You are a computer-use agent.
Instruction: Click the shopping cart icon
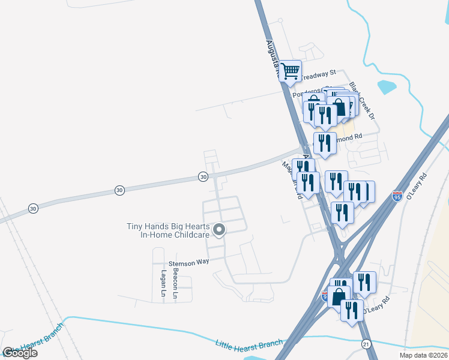click(291, 71)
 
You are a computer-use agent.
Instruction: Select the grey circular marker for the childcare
click(219, 229)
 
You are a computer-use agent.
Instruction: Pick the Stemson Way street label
click(188, 263)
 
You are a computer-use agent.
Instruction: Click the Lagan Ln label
click(163, 283)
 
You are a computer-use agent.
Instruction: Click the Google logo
click(20, 352)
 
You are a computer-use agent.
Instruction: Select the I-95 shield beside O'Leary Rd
click(397, 195)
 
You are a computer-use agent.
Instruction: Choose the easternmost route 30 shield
click(203, 176)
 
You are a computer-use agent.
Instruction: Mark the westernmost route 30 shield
click(32, 208)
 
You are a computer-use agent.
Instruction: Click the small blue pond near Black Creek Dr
click(387, 85)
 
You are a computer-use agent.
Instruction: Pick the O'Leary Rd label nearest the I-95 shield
click(415, 186)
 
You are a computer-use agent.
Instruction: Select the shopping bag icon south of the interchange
click(339, 296)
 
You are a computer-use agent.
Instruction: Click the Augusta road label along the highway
click(272, 54)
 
